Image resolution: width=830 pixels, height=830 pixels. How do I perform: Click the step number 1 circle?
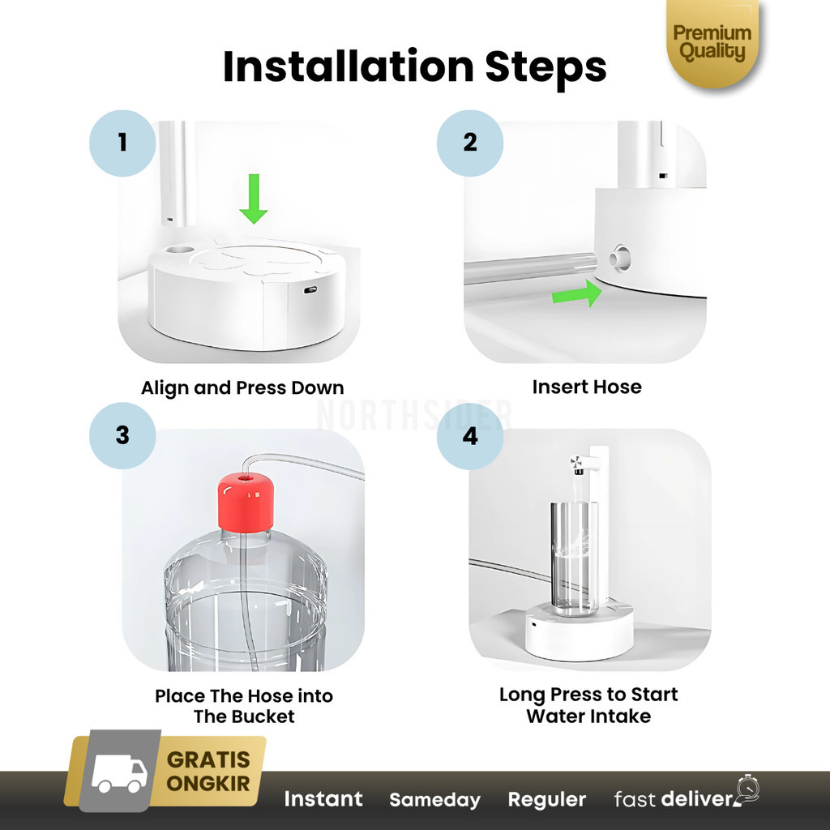tap(122, 143)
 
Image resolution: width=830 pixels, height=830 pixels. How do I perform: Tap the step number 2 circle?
tap(470, 143)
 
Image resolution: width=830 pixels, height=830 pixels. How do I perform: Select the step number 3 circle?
tap(122, 435)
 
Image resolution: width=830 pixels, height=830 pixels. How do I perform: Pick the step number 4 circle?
tap(470, 436)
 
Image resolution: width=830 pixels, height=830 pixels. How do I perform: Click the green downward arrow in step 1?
tap(254, 199)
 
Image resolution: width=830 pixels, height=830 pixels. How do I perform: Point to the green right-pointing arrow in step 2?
tap(577, 293)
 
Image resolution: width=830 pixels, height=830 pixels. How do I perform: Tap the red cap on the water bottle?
tap(246, 503)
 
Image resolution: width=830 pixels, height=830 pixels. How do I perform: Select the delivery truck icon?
tap(119, 772)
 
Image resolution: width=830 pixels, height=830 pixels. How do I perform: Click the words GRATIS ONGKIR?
tap(208, 772)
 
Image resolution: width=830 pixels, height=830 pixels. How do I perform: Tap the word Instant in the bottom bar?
tap(323, 798)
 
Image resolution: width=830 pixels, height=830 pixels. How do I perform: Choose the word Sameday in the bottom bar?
tap(434, 800)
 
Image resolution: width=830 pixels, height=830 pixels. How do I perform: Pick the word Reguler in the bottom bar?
tap(547, 800)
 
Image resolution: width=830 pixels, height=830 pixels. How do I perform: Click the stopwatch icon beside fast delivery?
tap(748, 789)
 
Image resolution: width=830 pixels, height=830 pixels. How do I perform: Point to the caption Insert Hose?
tap(587, 387)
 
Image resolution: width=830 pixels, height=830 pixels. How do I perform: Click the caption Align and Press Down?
tap(242, 388)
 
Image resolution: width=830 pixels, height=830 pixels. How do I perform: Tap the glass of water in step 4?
tap(575, 558)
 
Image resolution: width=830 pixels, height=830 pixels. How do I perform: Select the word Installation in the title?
tap(349, 66)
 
